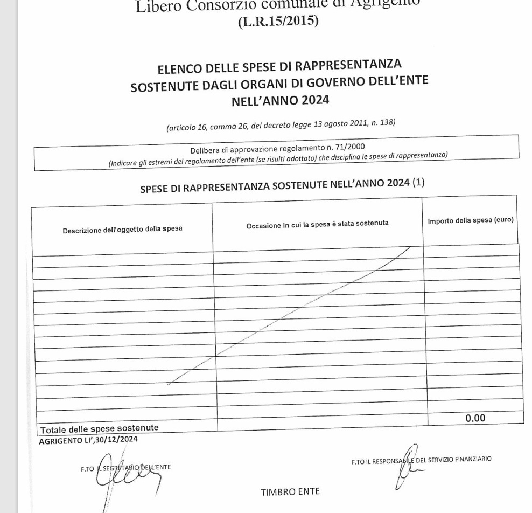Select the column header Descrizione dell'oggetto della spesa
[122, 228]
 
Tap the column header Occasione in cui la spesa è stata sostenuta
[317, 223]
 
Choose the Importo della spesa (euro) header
[471, 220]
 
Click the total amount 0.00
[475, 418]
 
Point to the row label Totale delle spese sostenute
[100, 428]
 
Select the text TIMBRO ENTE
[290, 491]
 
